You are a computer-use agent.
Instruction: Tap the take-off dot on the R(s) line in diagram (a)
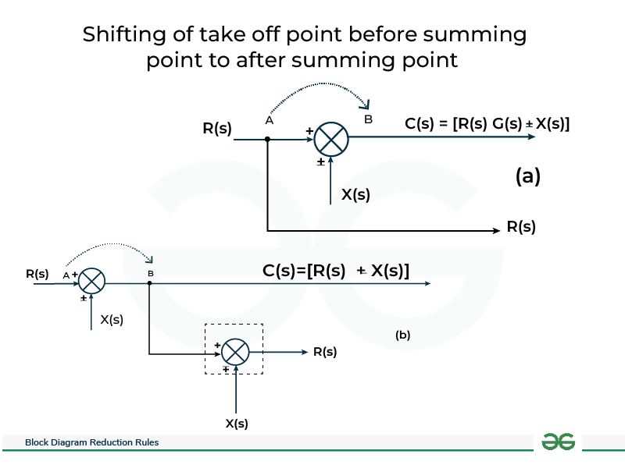pos(267,140)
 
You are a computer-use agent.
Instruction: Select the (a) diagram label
pos(528,176)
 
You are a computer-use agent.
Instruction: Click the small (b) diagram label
pos(402,335)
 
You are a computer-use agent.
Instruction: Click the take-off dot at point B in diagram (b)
pos(149,283)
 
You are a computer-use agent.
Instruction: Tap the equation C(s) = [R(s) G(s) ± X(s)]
pos(487,124)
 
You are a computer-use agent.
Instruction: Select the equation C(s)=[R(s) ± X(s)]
pos(336,271)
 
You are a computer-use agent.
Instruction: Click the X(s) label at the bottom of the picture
pos(237,423)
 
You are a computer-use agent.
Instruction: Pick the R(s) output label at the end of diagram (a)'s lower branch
pos(521,227)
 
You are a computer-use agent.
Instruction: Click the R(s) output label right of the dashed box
pos(325,352)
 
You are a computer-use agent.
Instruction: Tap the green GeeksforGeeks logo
pos(558,442)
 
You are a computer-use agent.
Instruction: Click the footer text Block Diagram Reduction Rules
pos(91,442)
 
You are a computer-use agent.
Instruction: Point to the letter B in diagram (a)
pos(368,119)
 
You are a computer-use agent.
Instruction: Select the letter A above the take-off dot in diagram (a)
pos(270,120)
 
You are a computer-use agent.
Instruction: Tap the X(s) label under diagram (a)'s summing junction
pos(355,194)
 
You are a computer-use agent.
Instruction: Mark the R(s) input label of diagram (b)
pos(37,274)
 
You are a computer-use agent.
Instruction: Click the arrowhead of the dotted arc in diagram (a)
pos(365,105)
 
